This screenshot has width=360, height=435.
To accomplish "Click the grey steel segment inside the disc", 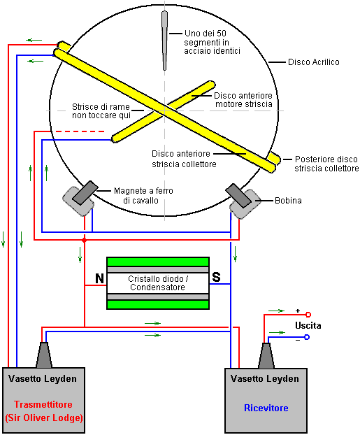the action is [x=164, y=41].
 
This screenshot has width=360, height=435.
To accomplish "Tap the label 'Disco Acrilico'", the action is [x=313, y=62].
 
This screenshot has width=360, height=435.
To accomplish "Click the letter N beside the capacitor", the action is [x=99, y=278].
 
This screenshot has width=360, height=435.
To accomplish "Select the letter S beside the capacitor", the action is [x=216, y=277].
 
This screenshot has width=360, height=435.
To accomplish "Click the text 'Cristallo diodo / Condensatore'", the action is [x=157, y=283].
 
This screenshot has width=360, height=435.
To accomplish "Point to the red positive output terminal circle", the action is [x=308, y=314].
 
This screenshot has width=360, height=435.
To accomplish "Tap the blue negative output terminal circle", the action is [x=307, y=337].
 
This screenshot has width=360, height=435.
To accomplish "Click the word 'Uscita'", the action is [x=308, y=325].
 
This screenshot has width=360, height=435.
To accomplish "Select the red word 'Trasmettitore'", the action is [x=43, y=404].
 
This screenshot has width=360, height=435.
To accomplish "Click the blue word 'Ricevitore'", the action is [x=266, y=408].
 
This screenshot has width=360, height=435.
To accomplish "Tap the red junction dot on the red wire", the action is [x=85, y=240].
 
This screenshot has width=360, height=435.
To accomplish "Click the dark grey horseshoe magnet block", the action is [x=85, y=193].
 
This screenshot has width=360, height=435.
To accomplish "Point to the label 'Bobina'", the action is [x=288, y=201].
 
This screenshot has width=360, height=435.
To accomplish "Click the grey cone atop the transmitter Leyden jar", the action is [x=44, y=355].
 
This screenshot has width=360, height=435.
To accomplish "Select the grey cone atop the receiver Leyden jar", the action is [x=266, y=356].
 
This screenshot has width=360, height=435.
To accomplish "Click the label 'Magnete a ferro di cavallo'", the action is [x=143, y=196].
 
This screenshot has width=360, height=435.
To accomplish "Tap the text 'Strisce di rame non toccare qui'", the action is [x=101, y=111].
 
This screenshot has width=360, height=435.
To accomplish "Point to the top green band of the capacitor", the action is [x=158, y=262].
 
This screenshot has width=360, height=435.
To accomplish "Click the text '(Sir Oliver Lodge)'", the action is [x=44, y=418].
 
